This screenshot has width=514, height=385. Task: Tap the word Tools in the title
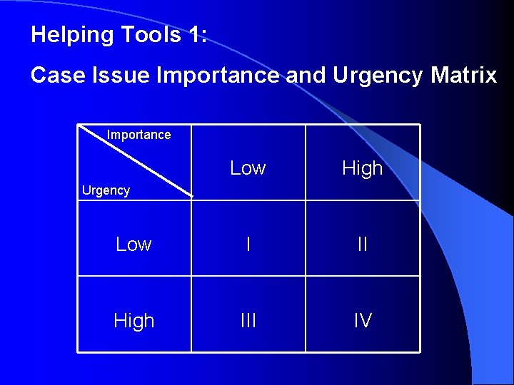point(153,35)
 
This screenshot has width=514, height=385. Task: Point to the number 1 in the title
point(196,35)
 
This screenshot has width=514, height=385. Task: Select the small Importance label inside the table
point(138,135)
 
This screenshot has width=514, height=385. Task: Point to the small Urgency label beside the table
point(106,190)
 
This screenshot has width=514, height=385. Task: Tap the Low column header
point(248,168)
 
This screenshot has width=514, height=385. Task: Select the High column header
point(363,168)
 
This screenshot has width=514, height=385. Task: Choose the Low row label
point(133,245)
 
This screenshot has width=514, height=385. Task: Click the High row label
point(133,321)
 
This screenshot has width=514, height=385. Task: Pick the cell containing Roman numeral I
point(248,245)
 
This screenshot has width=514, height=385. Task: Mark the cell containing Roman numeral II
point(363,245)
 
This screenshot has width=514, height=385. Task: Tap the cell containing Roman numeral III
point(248,321)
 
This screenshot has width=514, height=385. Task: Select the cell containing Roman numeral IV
point(363,321)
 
